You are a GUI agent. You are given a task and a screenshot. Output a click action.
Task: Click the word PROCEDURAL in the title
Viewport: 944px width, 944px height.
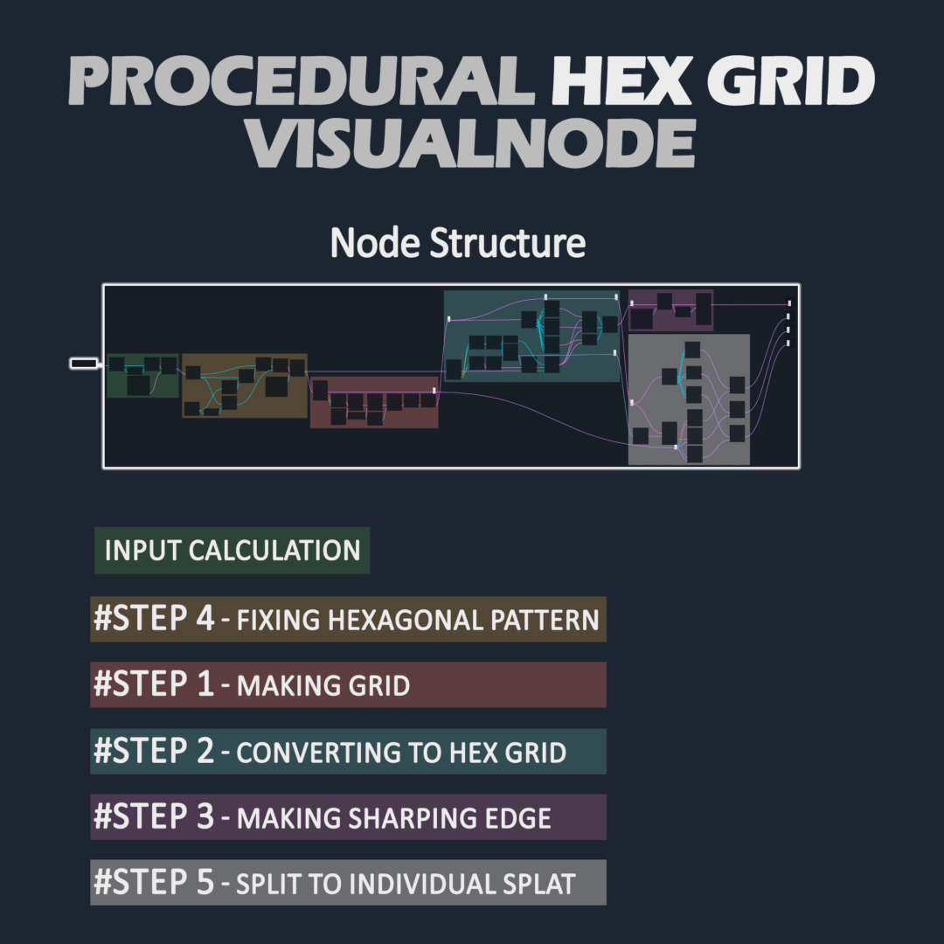[x=302, y=80]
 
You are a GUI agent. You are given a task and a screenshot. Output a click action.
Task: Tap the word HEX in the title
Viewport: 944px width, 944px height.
[x=621, y=80]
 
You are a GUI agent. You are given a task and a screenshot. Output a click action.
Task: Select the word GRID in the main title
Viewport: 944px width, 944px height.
[x=791, y=80]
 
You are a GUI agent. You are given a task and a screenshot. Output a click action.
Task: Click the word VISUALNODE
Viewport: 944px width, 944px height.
[x=471, y=143]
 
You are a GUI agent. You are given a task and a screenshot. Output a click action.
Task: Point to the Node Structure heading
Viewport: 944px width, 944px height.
[x=457, y=243]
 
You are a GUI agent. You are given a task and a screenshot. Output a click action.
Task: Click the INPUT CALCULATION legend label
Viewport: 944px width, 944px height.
[x=233, y=551]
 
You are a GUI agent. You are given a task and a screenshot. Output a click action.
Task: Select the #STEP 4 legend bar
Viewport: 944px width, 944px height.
[x=348, y=619]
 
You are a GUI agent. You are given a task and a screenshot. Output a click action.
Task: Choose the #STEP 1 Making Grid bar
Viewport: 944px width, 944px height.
[x=348, y=684]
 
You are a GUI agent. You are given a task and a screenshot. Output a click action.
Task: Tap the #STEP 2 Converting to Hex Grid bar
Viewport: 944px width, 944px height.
[x=348, y=752]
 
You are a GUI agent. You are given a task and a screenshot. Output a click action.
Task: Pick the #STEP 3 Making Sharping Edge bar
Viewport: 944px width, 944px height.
[x=348, y=817]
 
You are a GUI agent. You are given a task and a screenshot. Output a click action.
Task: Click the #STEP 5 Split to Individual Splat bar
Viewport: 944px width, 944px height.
[x=348, y=883]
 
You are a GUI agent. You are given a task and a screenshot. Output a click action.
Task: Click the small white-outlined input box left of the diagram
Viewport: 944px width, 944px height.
[x=84, y=363]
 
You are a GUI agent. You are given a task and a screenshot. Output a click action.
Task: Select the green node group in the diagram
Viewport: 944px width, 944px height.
[x=142, y=376]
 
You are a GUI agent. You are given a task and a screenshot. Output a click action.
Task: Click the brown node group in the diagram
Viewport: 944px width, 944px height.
[x=245, y=385]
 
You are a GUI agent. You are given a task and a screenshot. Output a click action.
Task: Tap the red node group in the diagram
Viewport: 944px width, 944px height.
[x=374, y=402]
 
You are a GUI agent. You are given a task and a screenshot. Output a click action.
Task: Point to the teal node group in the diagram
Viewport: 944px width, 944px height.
[x=532, y=336]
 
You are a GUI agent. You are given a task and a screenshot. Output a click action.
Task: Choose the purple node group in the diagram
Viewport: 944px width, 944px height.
[x=670, y=310]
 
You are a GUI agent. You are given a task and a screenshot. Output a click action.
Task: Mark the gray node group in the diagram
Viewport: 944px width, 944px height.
[x=689, y=399]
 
